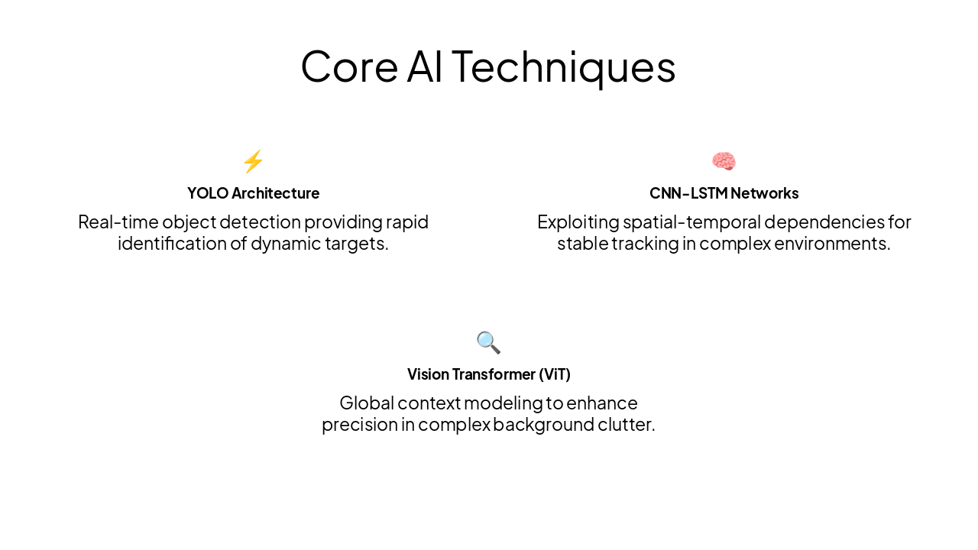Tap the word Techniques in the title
(563, 66)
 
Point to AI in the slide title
(424, 66)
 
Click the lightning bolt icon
(253, 162)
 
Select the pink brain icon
(724, 162)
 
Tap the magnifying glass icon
(488, 342)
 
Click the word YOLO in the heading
(208, 193)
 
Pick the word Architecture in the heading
(275, 193)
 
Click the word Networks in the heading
(764, 193)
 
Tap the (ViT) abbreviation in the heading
(554, 374)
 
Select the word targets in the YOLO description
(358, 244)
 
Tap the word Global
(367, 403)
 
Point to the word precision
(359, 425)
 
